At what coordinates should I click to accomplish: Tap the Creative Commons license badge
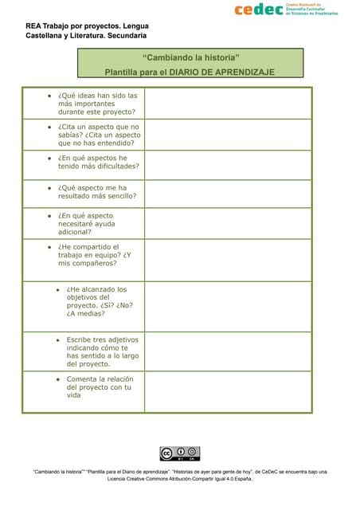click(179, 454)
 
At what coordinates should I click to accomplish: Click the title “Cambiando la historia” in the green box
click(191, 58)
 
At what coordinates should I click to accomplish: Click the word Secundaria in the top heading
click(121, 36)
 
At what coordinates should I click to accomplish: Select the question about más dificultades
click(98, 162)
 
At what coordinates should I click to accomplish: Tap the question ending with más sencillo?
click(96, 191)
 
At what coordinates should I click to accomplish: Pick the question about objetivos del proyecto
click(96, 301)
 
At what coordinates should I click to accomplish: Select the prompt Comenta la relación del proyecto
click(99, 386)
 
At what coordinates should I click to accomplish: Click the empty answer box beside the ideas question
click(228, 104)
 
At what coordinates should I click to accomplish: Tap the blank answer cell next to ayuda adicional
click(228, 224)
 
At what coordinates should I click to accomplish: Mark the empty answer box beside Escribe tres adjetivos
click(228, 351)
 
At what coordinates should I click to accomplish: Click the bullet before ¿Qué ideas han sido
click(49, 96)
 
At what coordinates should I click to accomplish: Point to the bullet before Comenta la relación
click(57, 379)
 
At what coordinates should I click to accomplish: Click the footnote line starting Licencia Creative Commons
click(179, 479)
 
